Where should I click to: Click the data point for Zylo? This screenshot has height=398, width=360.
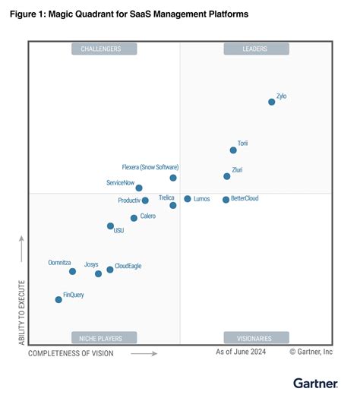(271, 102)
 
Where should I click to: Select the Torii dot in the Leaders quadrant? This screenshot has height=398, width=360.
(233, 150)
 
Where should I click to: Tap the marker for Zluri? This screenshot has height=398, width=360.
(227, 176)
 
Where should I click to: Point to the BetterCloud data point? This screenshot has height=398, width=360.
(226, 200)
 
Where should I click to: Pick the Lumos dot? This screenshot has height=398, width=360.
(188, 199)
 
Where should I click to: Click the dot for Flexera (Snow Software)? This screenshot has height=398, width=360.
(173, 178)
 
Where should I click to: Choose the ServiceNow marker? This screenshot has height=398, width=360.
(139, 188)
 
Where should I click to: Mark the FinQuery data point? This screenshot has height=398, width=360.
(58, 299)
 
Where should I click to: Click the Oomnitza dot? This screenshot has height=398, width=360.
(72, 271)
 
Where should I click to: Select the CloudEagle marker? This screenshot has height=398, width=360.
(110, 270)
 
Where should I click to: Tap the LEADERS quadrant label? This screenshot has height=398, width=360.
(256, 49)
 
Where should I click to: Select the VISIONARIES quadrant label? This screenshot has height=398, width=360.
(256, 337)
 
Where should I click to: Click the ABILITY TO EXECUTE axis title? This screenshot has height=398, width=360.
(22, 312)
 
